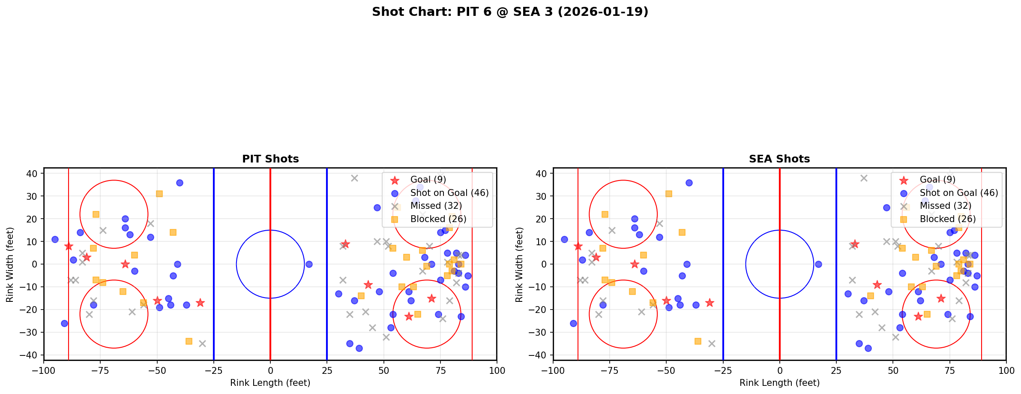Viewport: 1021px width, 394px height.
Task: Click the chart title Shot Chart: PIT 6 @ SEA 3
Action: (x=510, y=12)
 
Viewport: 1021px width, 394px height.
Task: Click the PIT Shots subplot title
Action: (x=270, y=159)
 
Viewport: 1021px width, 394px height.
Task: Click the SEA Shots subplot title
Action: (x=779, y=159)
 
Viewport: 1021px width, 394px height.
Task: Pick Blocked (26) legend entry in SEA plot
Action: (x=947, y=219)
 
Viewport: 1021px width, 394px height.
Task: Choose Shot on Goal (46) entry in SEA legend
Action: (x=958, y=193)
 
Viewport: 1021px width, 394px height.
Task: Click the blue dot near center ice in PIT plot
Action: (x=309, y=264)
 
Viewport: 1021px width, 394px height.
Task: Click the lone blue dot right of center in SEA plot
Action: (x=818, y=264)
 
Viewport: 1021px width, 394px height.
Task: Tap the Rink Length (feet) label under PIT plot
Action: (x=270, y=383)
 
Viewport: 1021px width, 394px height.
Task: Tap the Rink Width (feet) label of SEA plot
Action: (x=519, y=264)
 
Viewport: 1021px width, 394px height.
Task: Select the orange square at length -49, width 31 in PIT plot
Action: (x=159, y=194)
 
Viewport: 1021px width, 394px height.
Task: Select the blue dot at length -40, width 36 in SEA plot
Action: (x=689, y=183)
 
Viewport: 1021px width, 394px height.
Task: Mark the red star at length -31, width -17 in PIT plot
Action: (x=200, y=303)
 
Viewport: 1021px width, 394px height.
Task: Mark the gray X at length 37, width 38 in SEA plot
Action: (x=864, y=178)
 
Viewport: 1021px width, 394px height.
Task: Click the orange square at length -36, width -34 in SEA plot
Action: (x=698, y=341)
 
